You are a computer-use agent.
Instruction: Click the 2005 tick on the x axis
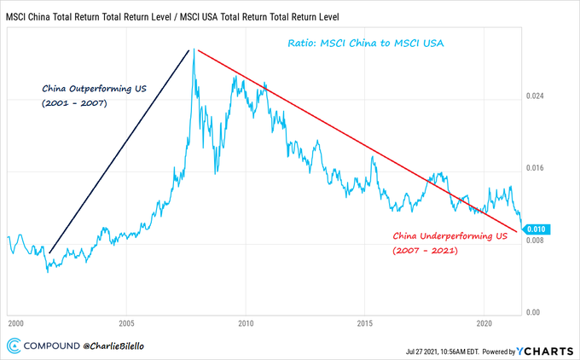[126, 324]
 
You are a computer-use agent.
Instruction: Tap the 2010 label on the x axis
[246, 324]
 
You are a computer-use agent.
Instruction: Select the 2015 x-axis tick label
[365, 324]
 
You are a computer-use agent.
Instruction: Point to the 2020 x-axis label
[484, 324]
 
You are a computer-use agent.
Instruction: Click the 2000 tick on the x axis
[14, 324]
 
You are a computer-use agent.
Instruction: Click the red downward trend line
[358, 141]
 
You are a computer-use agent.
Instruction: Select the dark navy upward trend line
[119, 149]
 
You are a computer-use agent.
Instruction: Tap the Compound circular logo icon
[14, 345]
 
